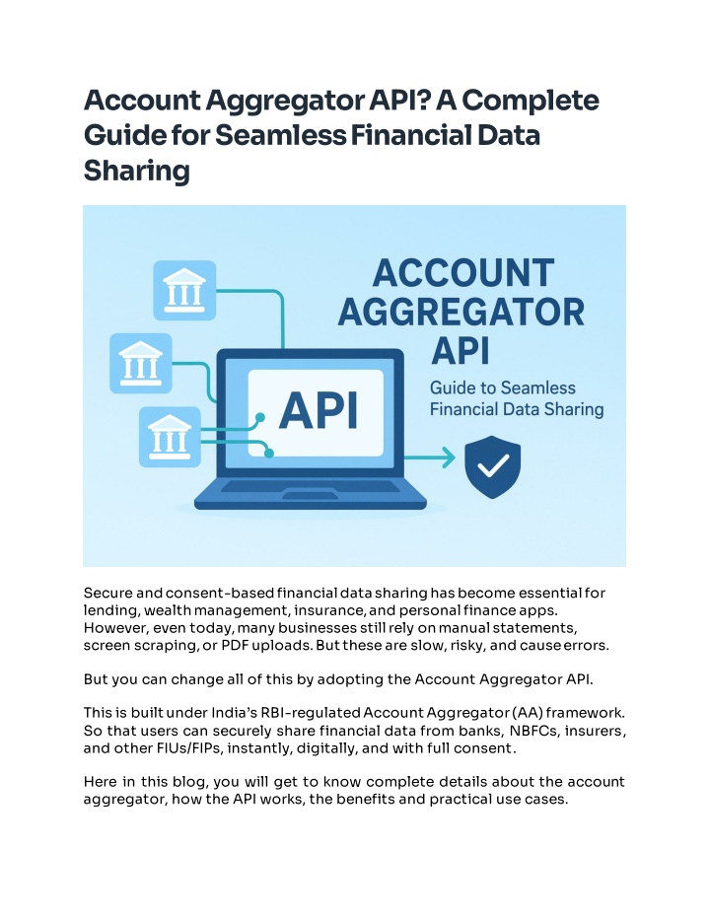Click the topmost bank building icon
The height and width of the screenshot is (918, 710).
point(184,289)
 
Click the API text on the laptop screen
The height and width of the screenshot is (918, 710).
point(318,408)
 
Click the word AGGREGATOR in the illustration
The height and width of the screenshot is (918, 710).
point(461,314)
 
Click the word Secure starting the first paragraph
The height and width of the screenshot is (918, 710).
point(108,594)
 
